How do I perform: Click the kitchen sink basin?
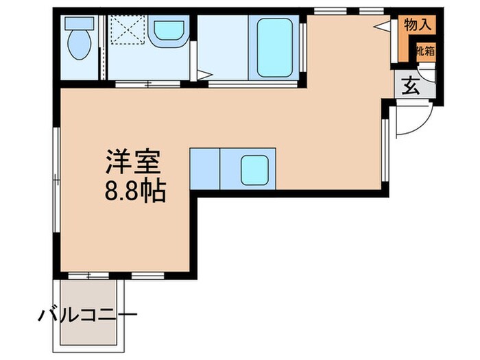[254, 169]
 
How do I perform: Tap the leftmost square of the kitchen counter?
[204, 167]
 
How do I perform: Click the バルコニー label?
[87, 316]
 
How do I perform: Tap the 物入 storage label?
[418, 25]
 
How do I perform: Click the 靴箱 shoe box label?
[424, 51]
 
